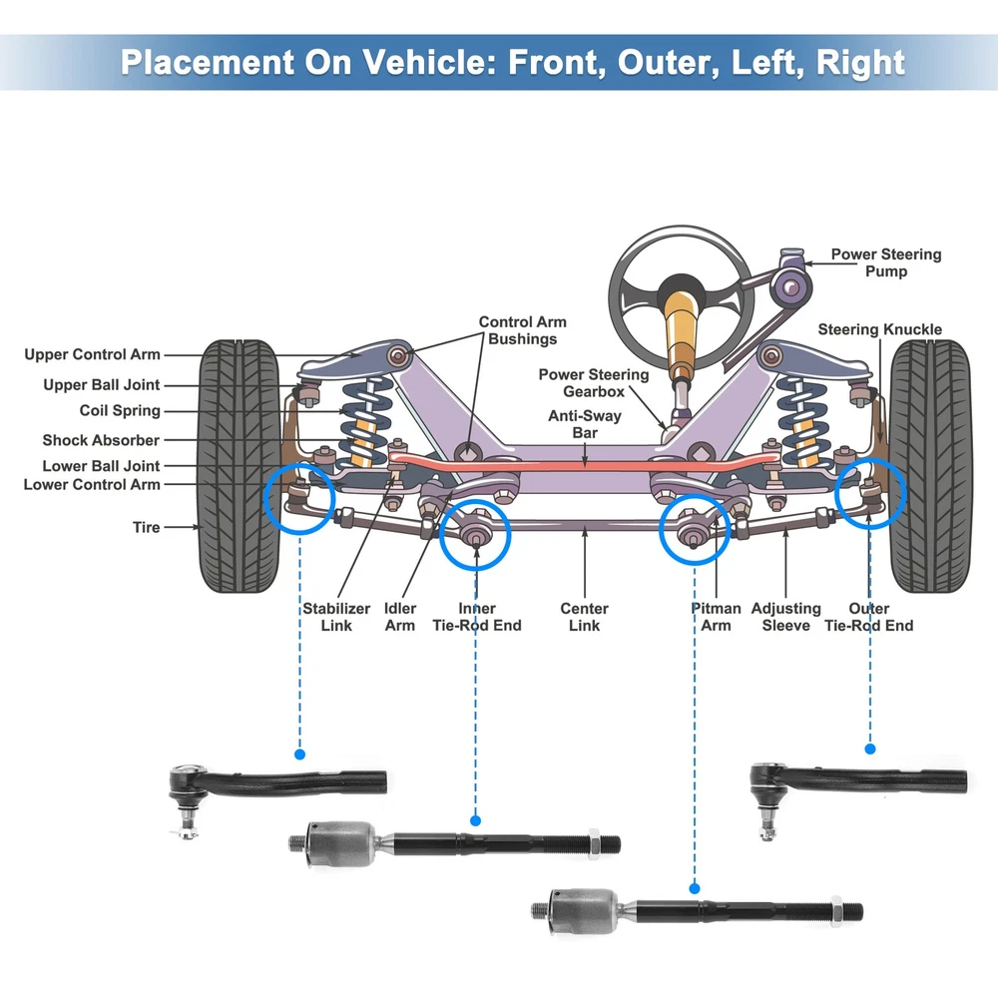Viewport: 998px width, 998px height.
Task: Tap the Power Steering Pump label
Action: pos(885,262)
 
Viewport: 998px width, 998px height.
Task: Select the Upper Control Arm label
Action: pos(92,354)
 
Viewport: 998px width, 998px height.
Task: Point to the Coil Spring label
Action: pos(120,410)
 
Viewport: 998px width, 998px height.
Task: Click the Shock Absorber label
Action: pos(101,440)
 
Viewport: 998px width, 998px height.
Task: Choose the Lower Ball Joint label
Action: pos(101,466)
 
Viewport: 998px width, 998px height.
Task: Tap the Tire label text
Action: pos(146,527)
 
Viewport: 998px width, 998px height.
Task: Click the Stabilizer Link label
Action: pos(336,617)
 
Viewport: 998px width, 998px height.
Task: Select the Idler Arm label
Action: pos(400,617)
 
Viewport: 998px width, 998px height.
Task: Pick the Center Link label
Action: pos(584,617)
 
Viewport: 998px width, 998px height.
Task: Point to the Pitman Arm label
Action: pos(716,617)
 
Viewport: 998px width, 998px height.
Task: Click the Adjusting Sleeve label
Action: pos(785,617)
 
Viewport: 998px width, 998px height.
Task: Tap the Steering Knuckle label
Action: pos(879,329)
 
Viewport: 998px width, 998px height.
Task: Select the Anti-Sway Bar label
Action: pos(584,424)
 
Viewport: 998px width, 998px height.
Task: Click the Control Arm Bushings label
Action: pos(522,330)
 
